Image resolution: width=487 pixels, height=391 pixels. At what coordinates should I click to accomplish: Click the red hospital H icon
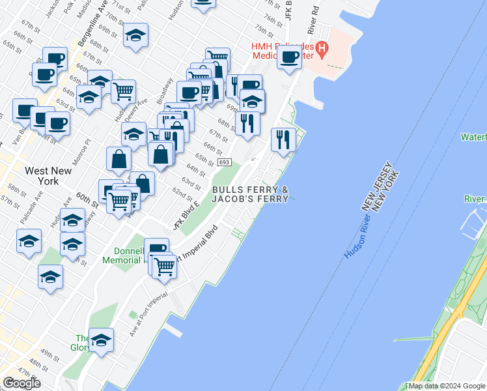321,48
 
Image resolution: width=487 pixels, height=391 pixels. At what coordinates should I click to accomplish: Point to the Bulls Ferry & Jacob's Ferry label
250,194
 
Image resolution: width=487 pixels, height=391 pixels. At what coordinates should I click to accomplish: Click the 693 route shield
224,162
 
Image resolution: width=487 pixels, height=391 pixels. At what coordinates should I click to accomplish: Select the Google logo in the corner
22,383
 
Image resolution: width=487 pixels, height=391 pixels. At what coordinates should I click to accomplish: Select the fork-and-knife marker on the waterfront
283,139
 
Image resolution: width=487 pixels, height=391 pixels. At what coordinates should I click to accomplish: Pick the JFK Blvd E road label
187,216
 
